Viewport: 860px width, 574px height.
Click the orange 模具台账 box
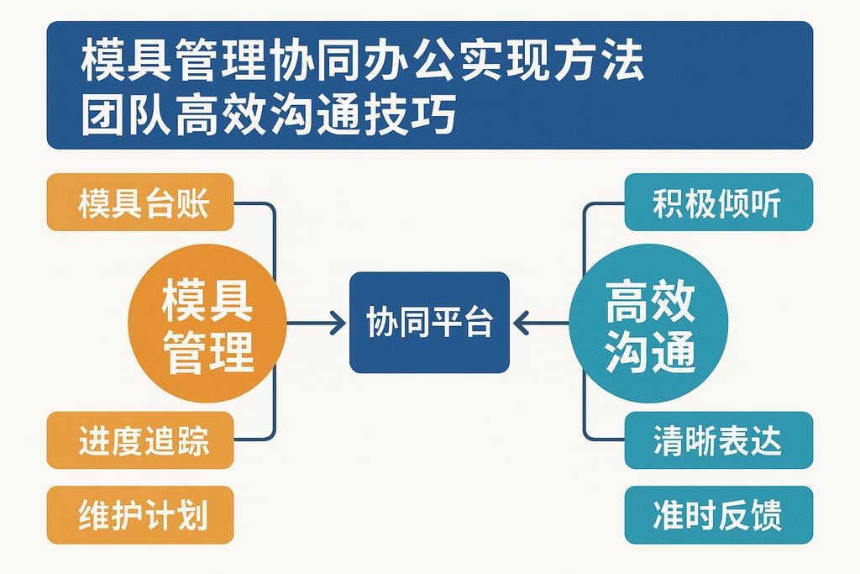tap(140, 203)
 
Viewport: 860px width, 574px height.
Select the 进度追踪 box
tap(140, 440)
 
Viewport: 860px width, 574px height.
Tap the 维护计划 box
tap(140, 514)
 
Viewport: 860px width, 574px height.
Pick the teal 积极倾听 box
tap(718, 203)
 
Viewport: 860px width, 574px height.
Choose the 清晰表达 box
tap(718, 440)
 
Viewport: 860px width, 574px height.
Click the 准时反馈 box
tap(718, 514)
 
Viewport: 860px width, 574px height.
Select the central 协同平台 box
tap(429, 323)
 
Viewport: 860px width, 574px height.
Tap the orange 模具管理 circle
tap(207, 324)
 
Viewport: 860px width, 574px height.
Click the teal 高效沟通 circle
tap(649, 324)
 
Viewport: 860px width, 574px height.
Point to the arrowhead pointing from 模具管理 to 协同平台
tap(338, 323)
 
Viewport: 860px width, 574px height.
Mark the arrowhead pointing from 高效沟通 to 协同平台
tap(521, 323)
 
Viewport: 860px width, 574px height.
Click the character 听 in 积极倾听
tap(768, 203)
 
